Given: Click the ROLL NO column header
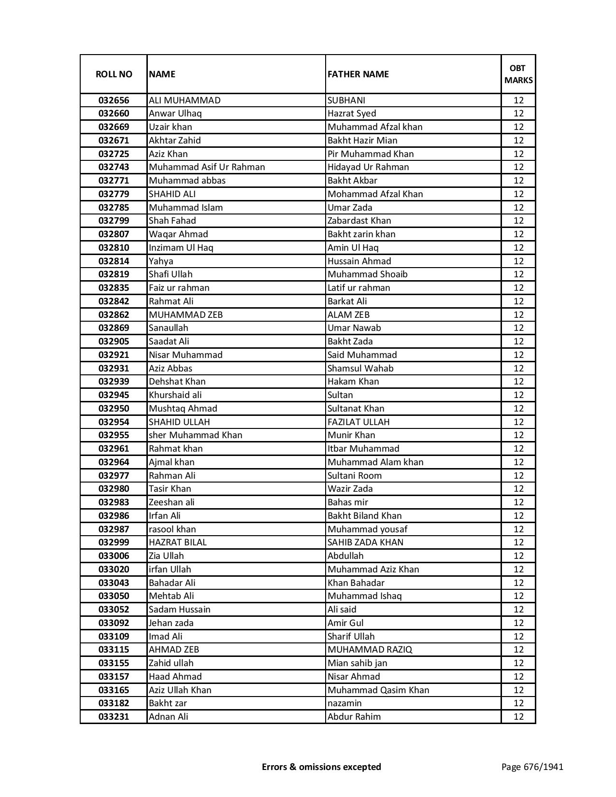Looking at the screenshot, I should pyautogui.click(x=114, y=74).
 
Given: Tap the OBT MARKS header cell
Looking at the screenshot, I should pyautogui.click(x=518, y=74).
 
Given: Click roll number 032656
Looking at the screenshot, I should pyautogui.click(x=114, y=100).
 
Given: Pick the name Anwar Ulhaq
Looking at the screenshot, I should pyautogui.click(x=175, y=114).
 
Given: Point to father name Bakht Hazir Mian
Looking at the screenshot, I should pyautogui.click(x=362, y=141).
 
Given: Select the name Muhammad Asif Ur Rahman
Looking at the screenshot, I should pyautogui.click(x=207, y=167).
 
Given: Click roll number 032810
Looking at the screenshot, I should pyautogui.click(x=114, y=248).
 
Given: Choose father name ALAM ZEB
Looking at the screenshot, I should pyautogui.click(x=348, y=315).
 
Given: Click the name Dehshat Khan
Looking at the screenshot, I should pyautogui.click(x=177, y=382).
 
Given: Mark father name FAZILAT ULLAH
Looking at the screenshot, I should pyautogui.click(x=358, y=422).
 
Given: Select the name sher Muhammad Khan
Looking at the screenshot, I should pyautogui.click(x=195, y=435).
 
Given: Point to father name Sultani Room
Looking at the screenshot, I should pyautogui.click(x=355, y=475).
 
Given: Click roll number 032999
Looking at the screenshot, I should pyautogui.click(x=114, y=542).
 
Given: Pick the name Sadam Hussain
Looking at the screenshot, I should pyautogui.click(x=179, y=610).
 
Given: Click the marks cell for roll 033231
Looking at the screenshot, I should pyautogui.click(x=518, y=717).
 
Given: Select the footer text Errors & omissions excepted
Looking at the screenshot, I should pyautogui.click(x=321, y=767).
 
